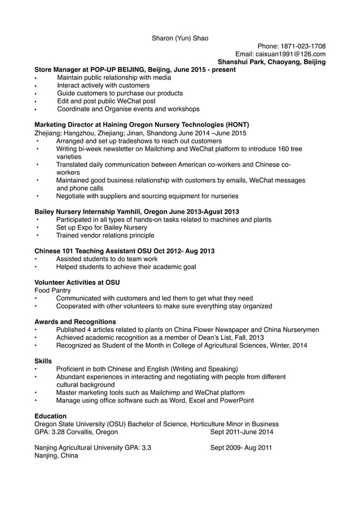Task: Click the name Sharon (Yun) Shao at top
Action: (x=180, y=38)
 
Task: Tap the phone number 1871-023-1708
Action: (x=291, y=46)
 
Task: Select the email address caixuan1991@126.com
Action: (x=280, y=54)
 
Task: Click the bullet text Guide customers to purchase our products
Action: (x=120, y=93)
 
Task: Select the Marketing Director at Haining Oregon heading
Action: (x=142, y=125)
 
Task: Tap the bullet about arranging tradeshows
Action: (x=139, y=141)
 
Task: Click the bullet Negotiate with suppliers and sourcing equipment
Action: (x=147, y=196)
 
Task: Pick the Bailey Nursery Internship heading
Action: (x=137, y=212)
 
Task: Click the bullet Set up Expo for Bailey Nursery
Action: (x=102, y=227)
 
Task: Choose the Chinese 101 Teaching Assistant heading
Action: (x=124, y=251)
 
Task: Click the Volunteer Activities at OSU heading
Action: (x=77, y=282)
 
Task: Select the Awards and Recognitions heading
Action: (x=75, y=322)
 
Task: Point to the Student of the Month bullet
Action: (x=182, y=345)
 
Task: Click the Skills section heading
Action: (x=43, y=361)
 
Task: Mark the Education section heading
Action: (x=50, y=416)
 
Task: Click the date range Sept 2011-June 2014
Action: (x=242, y=432)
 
